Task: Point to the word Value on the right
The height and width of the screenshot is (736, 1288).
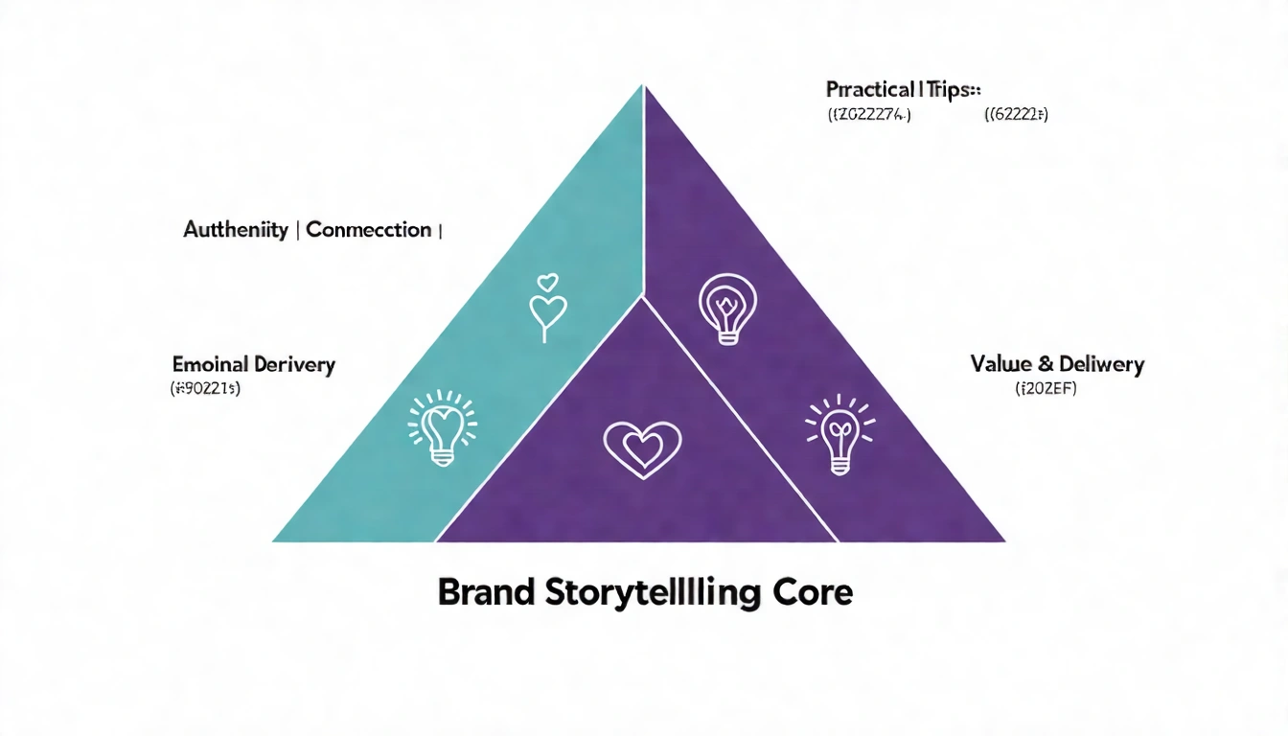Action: coord(1001,364)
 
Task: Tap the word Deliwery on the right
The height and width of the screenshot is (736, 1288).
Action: coord(1102,364)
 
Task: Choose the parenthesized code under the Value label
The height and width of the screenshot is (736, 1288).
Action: coord(1046,389)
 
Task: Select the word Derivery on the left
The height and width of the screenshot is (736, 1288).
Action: coord(295,364)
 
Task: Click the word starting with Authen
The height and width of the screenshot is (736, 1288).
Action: coord(236,230)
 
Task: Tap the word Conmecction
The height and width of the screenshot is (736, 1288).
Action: coord(369,230)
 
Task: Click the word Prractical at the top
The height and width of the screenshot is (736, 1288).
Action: coord(870,89)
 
